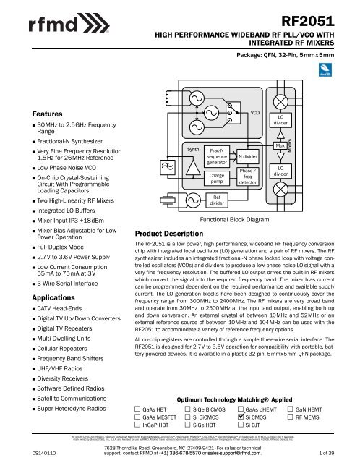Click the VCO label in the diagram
254,113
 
